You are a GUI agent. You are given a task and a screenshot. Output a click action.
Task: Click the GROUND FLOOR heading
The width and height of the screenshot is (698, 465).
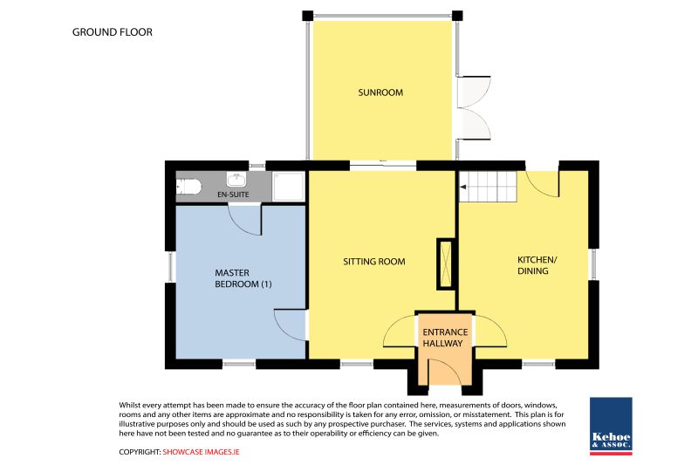(x=113, y=32)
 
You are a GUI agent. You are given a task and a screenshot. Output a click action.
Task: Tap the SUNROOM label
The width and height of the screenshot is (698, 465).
(x=380, y=92)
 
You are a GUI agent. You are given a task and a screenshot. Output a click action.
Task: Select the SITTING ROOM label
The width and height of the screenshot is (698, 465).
(x=374, y=262)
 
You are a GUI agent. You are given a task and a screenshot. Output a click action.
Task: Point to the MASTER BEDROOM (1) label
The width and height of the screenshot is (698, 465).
(x=243, y=278)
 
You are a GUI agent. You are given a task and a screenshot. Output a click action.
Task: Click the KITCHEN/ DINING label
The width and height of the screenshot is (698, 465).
(x=537, y=265)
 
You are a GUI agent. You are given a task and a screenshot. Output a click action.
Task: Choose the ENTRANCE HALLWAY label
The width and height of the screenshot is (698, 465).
(x=445, y=338)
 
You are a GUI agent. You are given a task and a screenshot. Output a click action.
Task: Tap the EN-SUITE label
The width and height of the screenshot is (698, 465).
(x=233, y=195)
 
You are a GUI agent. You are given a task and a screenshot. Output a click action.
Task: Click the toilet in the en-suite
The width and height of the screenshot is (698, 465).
(x=188, y=187)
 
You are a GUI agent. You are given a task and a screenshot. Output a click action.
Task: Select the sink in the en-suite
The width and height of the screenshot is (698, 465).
(x=236, y=180)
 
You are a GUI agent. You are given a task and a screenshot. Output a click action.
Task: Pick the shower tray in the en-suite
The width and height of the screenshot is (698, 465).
(x=289, y=187)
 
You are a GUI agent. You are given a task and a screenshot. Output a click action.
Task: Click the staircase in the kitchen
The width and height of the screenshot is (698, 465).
(x=488, y=187)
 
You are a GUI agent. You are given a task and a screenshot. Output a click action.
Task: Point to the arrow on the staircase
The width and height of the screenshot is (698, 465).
(x=463, y=187)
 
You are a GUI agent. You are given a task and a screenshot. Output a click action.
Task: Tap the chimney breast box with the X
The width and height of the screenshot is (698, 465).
(x=445, y=264)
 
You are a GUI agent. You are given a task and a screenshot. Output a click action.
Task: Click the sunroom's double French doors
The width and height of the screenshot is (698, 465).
(x=474, y=107)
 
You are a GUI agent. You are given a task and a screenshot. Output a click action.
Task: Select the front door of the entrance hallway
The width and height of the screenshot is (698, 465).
(x=445, y=370)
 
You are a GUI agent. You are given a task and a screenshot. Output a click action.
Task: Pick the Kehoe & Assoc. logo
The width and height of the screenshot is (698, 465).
(x=611, y=426)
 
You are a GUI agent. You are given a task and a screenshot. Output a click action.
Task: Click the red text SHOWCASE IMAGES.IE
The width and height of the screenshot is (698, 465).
(x=202, y=452)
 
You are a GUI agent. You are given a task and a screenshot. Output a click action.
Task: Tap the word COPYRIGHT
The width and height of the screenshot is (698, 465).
(x=140, y=452)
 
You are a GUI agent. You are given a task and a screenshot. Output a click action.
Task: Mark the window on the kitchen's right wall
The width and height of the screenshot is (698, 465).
(x=593, y=263)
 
